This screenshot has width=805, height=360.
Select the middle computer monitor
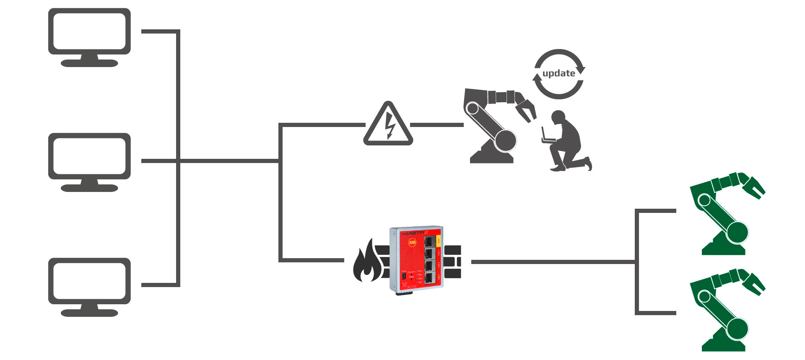(89, 162)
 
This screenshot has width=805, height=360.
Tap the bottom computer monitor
(89, 287)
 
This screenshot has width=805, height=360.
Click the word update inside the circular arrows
(558, 73)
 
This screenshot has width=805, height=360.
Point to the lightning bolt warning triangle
(388, 125)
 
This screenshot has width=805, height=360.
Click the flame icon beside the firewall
(366, 262)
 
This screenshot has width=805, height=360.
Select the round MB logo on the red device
(412, 243)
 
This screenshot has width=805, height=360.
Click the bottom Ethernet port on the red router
(430, 278)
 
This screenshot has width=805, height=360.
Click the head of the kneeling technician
(558, 117)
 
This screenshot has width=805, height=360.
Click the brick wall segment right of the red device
(452, 262)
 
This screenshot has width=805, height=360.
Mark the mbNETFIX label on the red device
(415, 233)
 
